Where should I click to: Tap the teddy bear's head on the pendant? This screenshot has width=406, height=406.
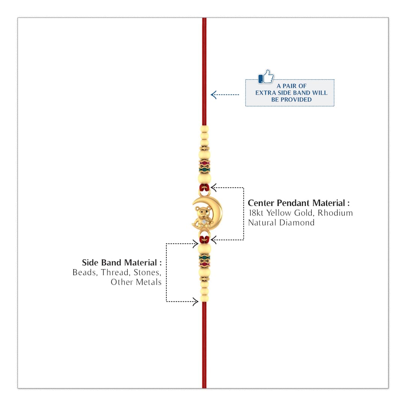point(202,212)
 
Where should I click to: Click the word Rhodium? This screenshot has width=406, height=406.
point(335,213)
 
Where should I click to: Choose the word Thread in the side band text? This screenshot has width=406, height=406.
point(115,272)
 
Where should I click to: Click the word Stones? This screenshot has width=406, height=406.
point(147,272)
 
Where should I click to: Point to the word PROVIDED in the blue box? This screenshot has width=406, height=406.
point(296,100)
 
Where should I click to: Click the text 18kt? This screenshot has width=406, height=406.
point(256,213)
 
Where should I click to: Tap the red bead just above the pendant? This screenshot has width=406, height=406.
point(204,188)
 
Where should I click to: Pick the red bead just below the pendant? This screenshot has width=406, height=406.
point(204,240)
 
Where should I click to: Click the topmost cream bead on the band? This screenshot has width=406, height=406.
point(204,129)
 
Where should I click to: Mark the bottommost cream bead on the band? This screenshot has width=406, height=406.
point(204,298)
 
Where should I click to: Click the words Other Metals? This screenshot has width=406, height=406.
point(136,282)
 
